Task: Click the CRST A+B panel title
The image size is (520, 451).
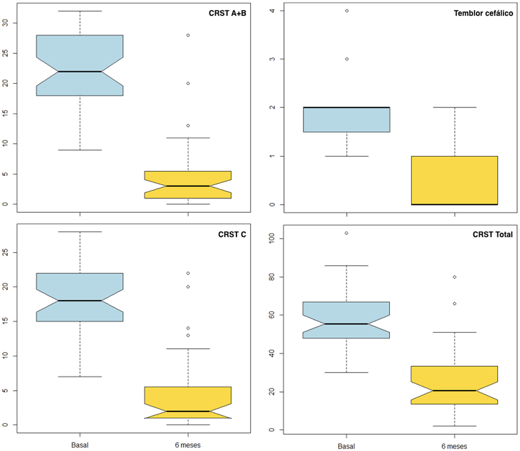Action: pyautogui.click(x=227, y=13)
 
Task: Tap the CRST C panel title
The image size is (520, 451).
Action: pyautogui.click(x=232, y=234)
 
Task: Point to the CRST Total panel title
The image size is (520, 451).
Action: pyautogui.click(x=493, y=234)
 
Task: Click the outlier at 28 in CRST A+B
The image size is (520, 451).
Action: pyautogui.click(x=188, y=35)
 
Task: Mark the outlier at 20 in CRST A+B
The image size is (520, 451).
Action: pyautogui.click(x=188, y=83)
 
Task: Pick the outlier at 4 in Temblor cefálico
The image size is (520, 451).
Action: pyautogui.click(x=347, y=11)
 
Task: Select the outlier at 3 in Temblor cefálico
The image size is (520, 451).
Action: pyautogui.click(x=347, y=59)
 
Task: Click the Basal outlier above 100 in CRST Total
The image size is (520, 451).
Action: pyautogui.click(x=346, y=233)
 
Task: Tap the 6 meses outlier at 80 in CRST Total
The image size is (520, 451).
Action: pyautogui.click(x=455, y=277)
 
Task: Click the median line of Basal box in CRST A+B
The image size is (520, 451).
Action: pyautogui.click(x=80, y=71)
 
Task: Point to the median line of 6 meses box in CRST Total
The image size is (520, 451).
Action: pyautogui.click(x=454, y=391)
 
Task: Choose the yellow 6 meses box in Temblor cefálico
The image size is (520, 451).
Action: pyautogui.click(x=454, y=180)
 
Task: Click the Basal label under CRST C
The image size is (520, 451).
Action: pyautogui.click(x=80, y=445)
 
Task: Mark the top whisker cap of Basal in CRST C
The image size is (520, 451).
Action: pyautogui.click(x=80, y=232)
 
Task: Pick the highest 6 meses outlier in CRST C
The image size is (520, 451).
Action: pyautogui.click(x=188, y=273)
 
